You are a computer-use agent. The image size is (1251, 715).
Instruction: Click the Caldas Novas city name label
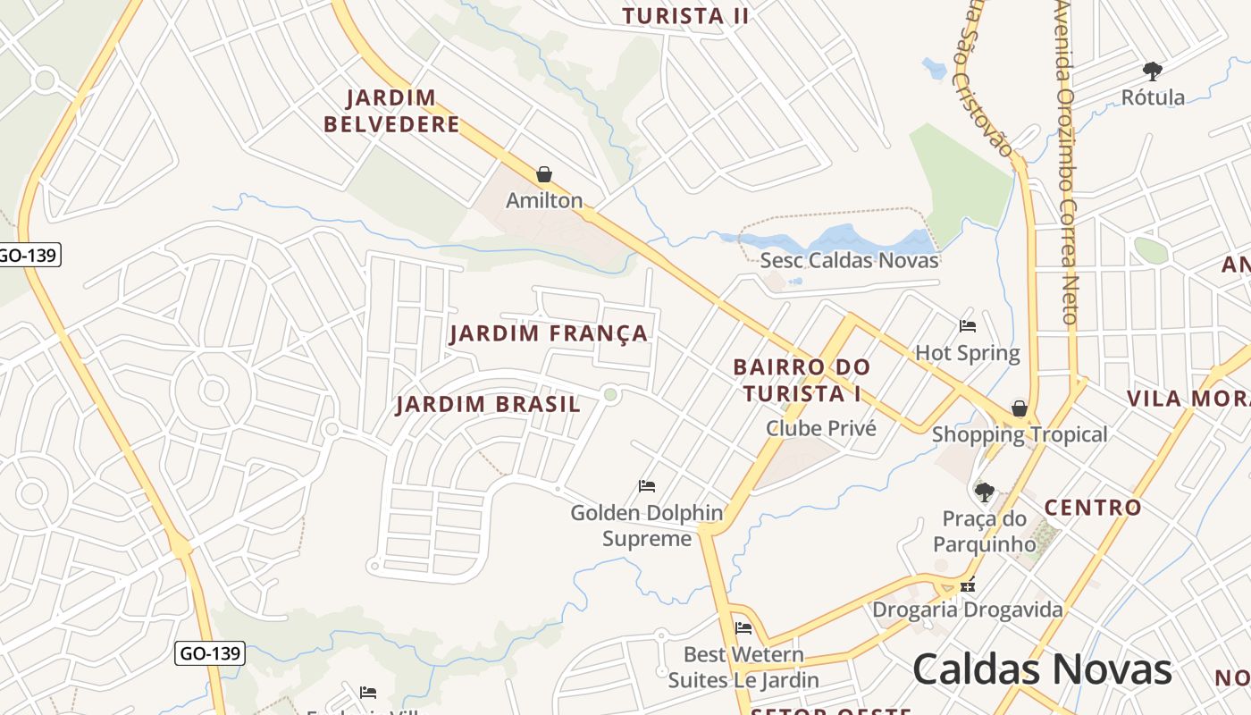click(x=1042, y=669)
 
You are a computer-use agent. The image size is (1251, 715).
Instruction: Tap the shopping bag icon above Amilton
click(x=543, y=173)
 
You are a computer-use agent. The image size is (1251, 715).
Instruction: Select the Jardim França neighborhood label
click(x=549, y=333)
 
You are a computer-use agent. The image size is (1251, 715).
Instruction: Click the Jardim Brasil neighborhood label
click(x=488, y=404)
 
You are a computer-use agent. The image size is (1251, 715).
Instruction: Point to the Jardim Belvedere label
click(x=391, y=111)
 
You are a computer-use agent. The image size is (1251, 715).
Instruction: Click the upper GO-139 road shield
click(x=28, y=255)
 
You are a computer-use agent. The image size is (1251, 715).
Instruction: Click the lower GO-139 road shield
click(x=209, y=653)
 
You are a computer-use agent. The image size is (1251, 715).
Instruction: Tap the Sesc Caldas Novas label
click(x=849, y=260)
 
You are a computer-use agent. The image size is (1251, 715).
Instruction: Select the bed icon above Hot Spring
click(x=967, y=325)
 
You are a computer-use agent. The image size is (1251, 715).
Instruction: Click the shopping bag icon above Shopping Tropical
click(x=1019, y=408)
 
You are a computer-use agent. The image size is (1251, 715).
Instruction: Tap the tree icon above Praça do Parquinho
click(x=984, y=492)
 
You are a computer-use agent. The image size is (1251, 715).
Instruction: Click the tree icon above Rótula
click(x=1153, y=71)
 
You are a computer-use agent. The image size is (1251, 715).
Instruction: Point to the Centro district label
click(x=1093, y=508)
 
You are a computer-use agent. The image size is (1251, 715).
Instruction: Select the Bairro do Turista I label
click(x=801, y=380)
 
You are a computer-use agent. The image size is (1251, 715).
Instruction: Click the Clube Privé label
click(x=820, y=428)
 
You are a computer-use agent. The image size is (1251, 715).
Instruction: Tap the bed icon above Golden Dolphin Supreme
click(x=647, y=486)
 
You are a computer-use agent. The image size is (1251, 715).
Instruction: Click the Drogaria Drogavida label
click(x=967, y=610)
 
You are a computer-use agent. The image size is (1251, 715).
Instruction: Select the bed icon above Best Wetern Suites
click(x=743, y=628)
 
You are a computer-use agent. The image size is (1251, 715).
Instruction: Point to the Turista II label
click(x=684, y=15)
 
